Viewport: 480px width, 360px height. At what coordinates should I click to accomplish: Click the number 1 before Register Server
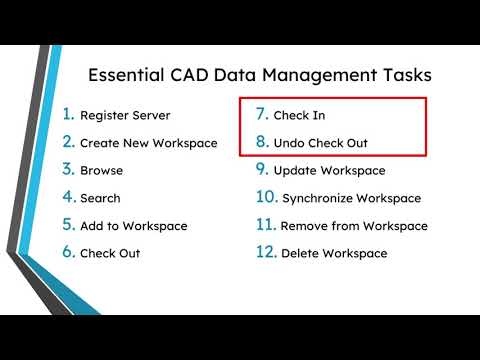68,114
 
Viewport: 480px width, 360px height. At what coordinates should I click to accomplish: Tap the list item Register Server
125,115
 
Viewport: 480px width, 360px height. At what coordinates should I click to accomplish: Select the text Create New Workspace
148,143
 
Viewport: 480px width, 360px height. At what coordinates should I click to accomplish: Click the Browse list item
102,170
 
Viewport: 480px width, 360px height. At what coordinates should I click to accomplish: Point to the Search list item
102,198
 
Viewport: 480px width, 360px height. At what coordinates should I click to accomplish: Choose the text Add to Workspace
133,226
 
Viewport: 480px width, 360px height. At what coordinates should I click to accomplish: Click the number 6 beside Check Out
68,252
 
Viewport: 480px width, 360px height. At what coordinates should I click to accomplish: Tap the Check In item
299,115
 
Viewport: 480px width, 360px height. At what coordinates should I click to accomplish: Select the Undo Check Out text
320,143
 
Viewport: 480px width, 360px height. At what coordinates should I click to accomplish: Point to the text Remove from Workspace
354,226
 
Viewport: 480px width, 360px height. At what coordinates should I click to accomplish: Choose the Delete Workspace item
334,253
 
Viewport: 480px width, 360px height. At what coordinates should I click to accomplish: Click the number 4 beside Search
68,197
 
